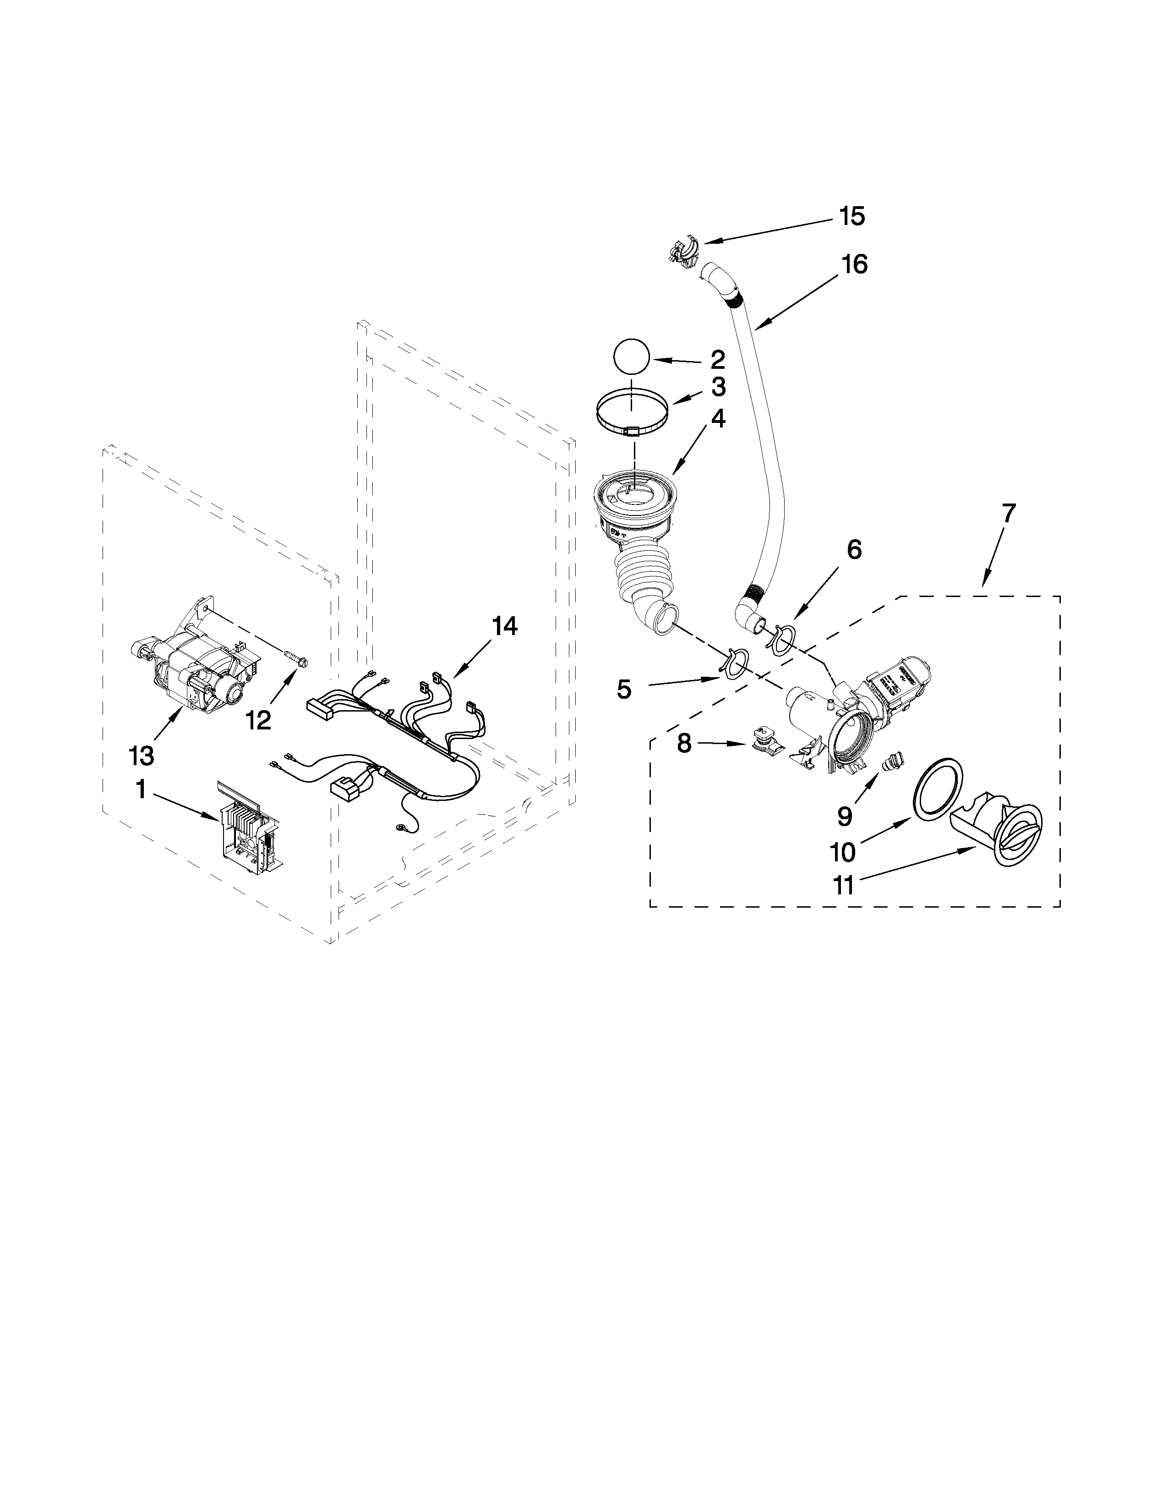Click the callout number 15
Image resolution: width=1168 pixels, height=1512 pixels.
click(852, 217)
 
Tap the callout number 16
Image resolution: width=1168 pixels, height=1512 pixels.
click(855, 264)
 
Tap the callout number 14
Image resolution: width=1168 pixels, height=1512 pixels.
click(504, 626)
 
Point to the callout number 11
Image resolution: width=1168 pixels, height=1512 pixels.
click(843, 886)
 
